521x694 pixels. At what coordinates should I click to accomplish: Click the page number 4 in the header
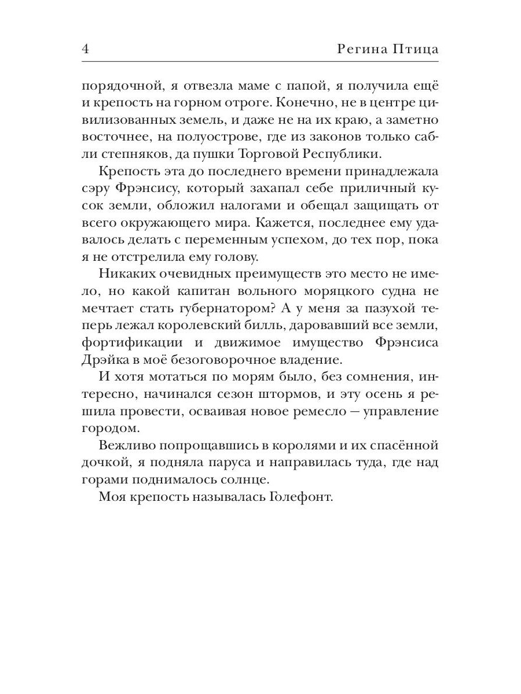point(86,49)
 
